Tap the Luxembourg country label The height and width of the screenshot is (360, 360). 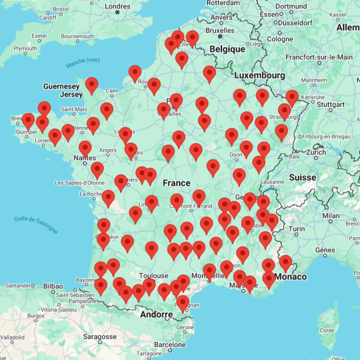(x=259, y=76)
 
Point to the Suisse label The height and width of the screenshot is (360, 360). (x=303, y=177)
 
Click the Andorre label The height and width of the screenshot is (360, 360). (x=156, y=315)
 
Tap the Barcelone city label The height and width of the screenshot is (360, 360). (x=170, y=345)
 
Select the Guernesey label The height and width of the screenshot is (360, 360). (x=61, y=86)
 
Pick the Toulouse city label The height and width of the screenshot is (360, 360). (x=154, y=275)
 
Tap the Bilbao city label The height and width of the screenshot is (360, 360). (x=53, y=286)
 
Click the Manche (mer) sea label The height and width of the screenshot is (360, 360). (x=83, y=63)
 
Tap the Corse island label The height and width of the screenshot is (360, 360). (x=327, y=330)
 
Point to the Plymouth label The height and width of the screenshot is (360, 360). (x=25, y=48)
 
